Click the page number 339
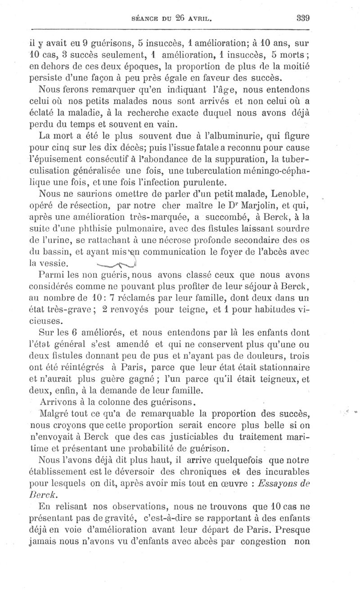pyautogui.click(x=304, y=18)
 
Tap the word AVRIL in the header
pyautogui.click(x=198, y=19)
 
